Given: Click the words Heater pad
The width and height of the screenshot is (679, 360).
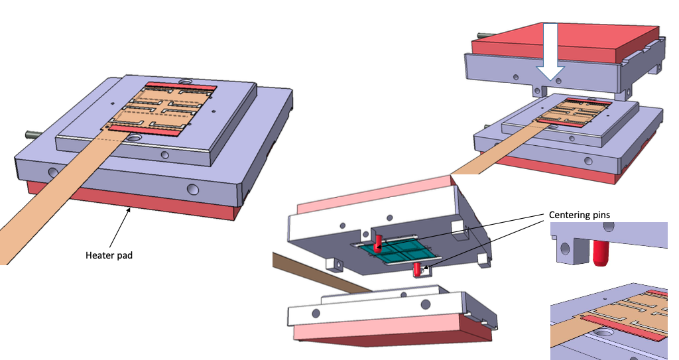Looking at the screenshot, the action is point(109,255).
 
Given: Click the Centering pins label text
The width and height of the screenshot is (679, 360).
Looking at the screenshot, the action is point(580,215).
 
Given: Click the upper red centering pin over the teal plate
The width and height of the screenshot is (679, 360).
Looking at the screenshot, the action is point(377,243).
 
